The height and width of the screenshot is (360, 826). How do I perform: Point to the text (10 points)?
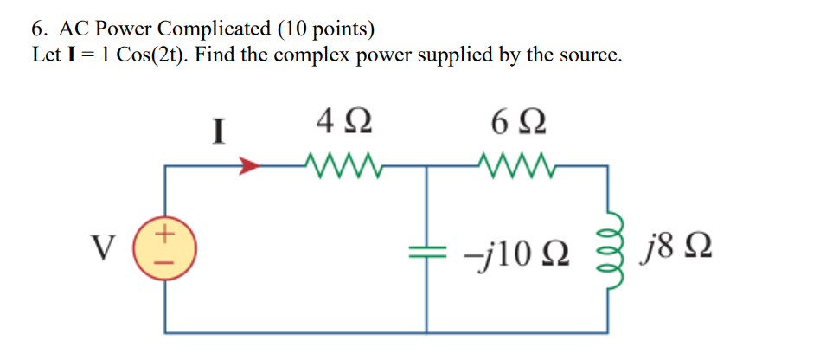(x=326, y=29)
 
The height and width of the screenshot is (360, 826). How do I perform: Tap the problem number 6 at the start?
(x=38, y=29)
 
